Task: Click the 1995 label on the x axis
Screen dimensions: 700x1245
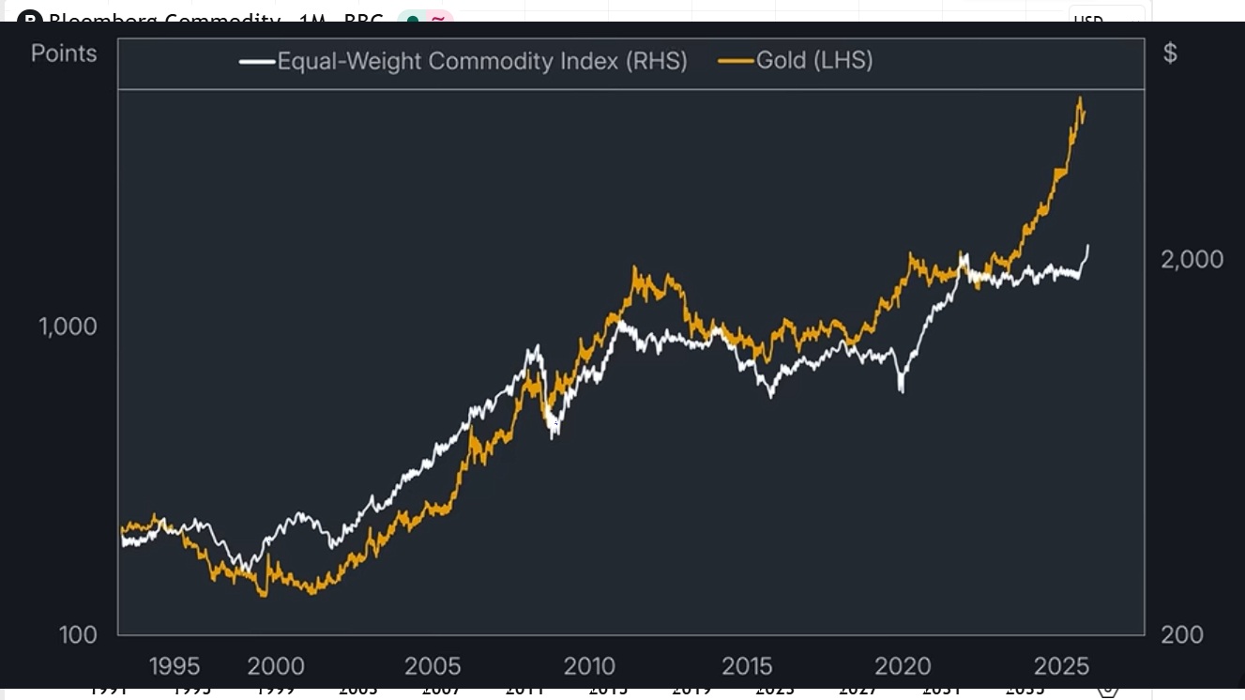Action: point(175,666)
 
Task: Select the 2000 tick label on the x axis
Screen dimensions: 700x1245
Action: point(276,666)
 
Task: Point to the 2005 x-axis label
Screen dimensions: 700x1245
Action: point(433,666)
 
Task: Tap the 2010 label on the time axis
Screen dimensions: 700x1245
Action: point(589,666)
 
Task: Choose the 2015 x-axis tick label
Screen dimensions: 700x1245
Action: point(747,666)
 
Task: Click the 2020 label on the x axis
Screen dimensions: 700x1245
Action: point(903,666)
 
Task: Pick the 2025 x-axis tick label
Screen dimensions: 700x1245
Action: point(1061,666)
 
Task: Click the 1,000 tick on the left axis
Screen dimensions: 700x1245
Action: point(68,327)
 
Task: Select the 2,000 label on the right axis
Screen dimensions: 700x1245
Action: point(1192,259)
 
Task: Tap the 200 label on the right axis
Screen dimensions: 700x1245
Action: point(1182,634)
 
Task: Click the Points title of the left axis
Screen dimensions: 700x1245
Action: point(64,53)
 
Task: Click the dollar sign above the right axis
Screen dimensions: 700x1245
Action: point(1170,53)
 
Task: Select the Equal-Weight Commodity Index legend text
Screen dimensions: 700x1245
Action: point(482,61)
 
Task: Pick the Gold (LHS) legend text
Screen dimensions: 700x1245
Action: point(814,61)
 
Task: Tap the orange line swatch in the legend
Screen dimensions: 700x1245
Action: point(736,62)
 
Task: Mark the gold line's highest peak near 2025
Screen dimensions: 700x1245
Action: point(1080,98)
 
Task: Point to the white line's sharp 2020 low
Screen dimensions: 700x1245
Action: point(902,389)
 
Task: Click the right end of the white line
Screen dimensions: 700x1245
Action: point(1088,246)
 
